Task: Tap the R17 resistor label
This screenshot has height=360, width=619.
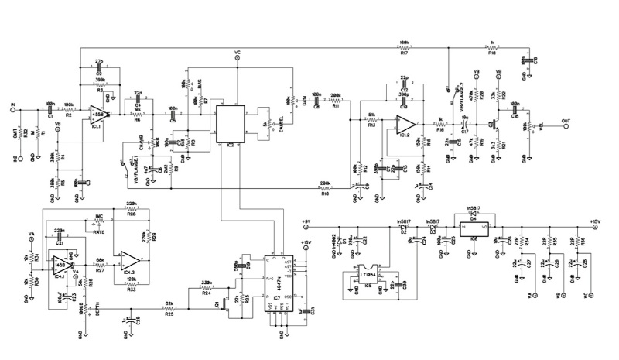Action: [x=404, y=54]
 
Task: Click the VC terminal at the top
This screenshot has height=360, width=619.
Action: [x=236, y=53]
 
